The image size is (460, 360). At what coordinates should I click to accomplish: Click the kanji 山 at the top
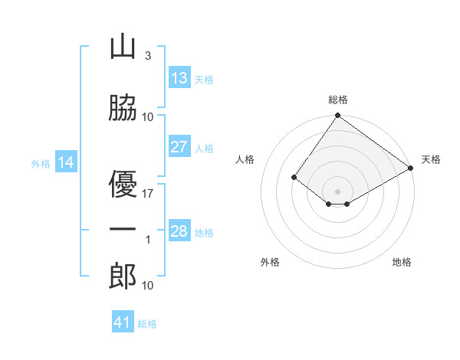[x=123, y=47]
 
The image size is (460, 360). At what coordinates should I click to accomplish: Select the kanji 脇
[x=123, y=108]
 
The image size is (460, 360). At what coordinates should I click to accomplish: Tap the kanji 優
[x=123, y=184]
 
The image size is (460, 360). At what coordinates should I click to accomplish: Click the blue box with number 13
[x=179, y=78]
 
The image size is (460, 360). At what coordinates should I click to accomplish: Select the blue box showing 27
[x=179, y=147]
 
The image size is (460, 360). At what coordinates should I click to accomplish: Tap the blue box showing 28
[x=179, y=231]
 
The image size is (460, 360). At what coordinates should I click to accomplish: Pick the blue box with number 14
[x=66, y=162]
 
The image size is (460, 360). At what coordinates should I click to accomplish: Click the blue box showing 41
[x=123, y=322]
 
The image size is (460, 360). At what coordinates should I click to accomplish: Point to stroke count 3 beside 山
[x=147, y=56]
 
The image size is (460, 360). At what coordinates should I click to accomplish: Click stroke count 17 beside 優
[x=148, y=194]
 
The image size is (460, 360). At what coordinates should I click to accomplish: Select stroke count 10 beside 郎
[x=148, y=285]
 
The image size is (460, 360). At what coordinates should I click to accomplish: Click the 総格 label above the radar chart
[x=338, y=100]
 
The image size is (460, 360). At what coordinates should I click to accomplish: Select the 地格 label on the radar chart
[x=402, y=262]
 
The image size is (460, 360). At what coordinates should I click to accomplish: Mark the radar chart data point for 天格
[x=412, y=169]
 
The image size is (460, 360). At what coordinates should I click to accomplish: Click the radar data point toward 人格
[x=294, y=178]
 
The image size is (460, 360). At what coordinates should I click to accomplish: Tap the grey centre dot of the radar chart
[x=337, y=191]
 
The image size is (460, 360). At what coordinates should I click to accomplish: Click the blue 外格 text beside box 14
[x=41, y=163]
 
